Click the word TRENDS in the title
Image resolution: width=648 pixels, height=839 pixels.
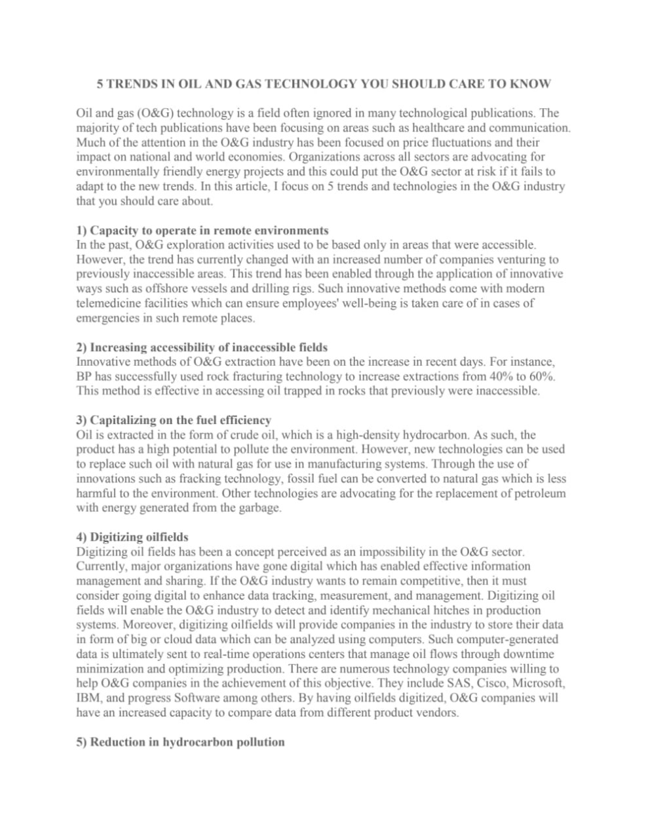tap(128, 84)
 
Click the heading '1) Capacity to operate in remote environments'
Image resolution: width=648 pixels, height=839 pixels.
tap(202, 231)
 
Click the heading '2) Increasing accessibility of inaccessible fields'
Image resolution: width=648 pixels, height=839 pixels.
tap(202, 347)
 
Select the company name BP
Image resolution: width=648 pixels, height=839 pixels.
tap(84, 377)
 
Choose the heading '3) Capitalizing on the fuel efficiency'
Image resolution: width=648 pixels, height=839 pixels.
tap(174, 420)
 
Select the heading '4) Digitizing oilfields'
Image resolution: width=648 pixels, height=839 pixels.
tap(132, 537)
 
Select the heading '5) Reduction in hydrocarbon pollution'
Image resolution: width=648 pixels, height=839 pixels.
tap(180, 742)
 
